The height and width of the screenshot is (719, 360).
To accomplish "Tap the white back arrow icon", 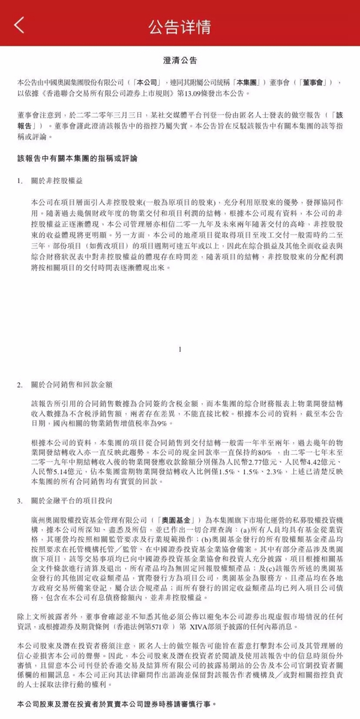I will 20,25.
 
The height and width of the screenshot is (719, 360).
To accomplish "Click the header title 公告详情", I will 180,26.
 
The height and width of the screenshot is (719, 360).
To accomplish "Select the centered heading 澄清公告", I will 180,61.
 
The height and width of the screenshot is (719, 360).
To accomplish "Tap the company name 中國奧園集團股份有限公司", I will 83,81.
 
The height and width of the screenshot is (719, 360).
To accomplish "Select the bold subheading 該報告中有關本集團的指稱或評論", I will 77,159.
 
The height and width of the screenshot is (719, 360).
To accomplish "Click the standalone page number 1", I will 180,348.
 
